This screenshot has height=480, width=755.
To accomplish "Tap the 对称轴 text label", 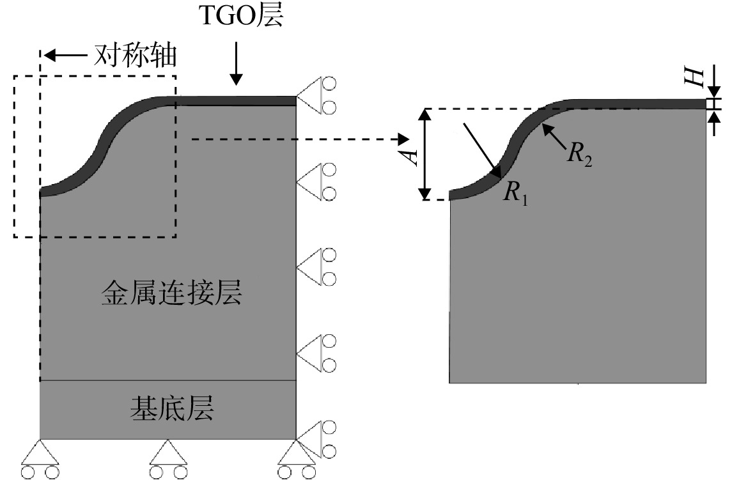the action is point(136,56).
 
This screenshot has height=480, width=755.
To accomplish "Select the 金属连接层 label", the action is point(171,292).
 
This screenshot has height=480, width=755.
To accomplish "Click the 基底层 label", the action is point(172,409).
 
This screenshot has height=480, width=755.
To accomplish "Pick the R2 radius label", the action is point(580,154).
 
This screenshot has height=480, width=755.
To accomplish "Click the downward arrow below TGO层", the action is point(236,63).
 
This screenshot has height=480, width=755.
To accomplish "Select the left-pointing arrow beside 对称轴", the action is point(66,56).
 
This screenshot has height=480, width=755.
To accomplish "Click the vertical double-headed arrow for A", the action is point(424,155).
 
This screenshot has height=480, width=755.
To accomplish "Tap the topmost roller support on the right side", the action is point(316,95).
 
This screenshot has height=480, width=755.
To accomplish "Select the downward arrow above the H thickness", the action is point(714,81).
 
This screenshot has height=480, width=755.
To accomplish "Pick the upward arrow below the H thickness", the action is point(714,123).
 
